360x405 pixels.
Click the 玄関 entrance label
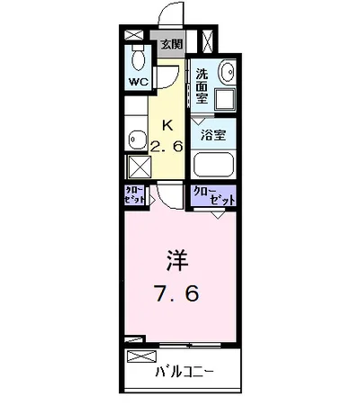[x=171, y=42]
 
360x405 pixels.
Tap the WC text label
[x=137, y=82]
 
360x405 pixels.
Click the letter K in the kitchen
[x=166, y=126]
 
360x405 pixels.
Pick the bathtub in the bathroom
[x=212, y=164]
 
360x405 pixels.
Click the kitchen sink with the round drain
[x=137, y=139]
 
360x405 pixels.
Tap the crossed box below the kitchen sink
[x=139, y=166]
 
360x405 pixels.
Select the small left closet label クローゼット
[x=135, y=195]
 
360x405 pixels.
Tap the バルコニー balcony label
[x=178, y=371]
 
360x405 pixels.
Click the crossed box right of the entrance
[x=208, y=42]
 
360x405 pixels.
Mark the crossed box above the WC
[x=135, y=35]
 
